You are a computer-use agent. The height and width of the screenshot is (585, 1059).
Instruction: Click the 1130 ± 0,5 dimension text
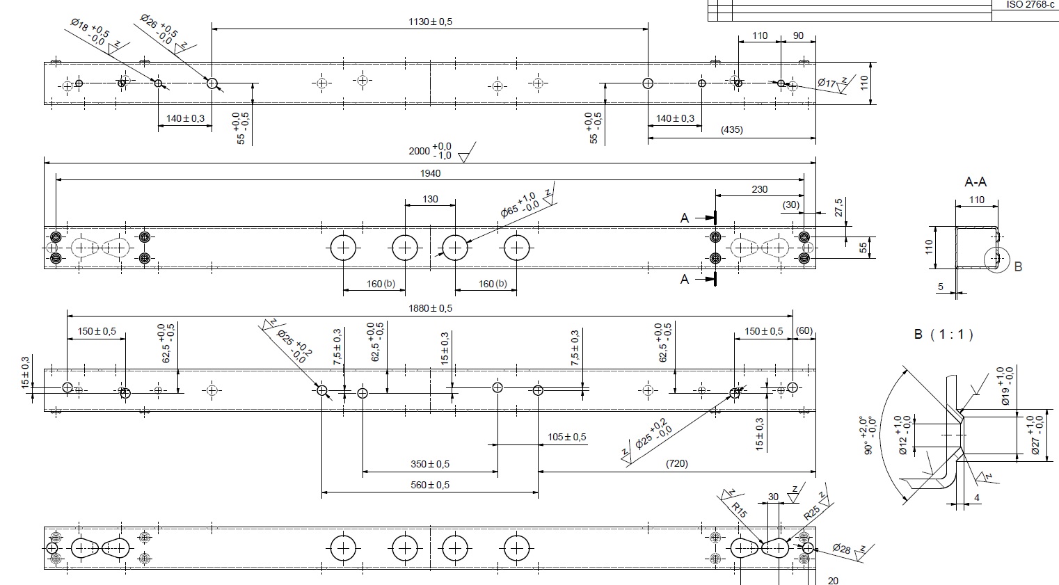pyautogui.click(x=430, y=22)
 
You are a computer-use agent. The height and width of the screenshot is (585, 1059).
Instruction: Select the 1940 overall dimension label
pyautogui.click(x=430, y=173)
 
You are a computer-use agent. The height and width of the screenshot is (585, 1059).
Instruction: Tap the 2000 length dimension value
pyautogui.click(x=420, y=151)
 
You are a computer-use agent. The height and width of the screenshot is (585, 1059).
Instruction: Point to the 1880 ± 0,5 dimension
pyautogui.click(x=430, y=309)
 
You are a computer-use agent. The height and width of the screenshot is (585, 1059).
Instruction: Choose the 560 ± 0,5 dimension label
pyautogui.click(x=430, y=485)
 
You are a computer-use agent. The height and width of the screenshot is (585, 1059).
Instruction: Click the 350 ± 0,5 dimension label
pyautogui.click(x=430, y=464)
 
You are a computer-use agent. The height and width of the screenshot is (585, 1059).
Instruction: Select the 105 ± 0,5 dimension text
pyautogui.click(x=567, y=437)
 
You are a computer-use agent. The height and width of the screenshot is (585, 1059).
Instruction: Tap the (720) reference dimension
pyautogui.click(x=676, y=463)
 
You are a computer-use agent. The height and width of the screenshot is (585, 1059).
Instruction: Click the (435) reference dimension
pyautogui.click(x=731, y=129)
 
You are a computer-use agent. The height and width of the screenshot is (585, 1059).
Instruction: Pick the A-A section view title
pyautogui.click(x=976, y=182)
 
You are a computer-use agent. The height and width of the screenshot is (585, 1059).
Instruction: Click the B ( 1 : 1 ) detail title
pyautogui.click(x=943, y=335)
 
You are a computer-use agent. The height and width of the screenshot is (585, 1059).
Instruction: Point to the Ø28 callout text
pyautogui.click(x=841, y=549)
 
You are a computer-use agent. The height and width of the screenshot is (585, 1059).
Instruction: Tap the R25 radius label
pyautogui.click(x=811, y=513)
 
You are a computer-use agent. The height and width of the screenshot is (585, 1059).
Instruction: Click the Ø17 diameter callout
pyautogui.click(x=827, y=83)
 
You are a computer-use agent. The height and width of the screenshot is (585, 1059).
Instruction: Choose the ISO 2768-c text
pyautogui.click(x=1030, y=4)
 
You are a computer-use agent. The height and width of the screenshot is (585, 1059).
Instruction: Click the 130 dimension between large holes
pyautogui.click(x=430, y=199)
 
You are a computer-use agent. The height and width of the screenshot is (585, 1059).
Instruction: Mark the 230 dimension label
pyautogui.click(x=759, y=189)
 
